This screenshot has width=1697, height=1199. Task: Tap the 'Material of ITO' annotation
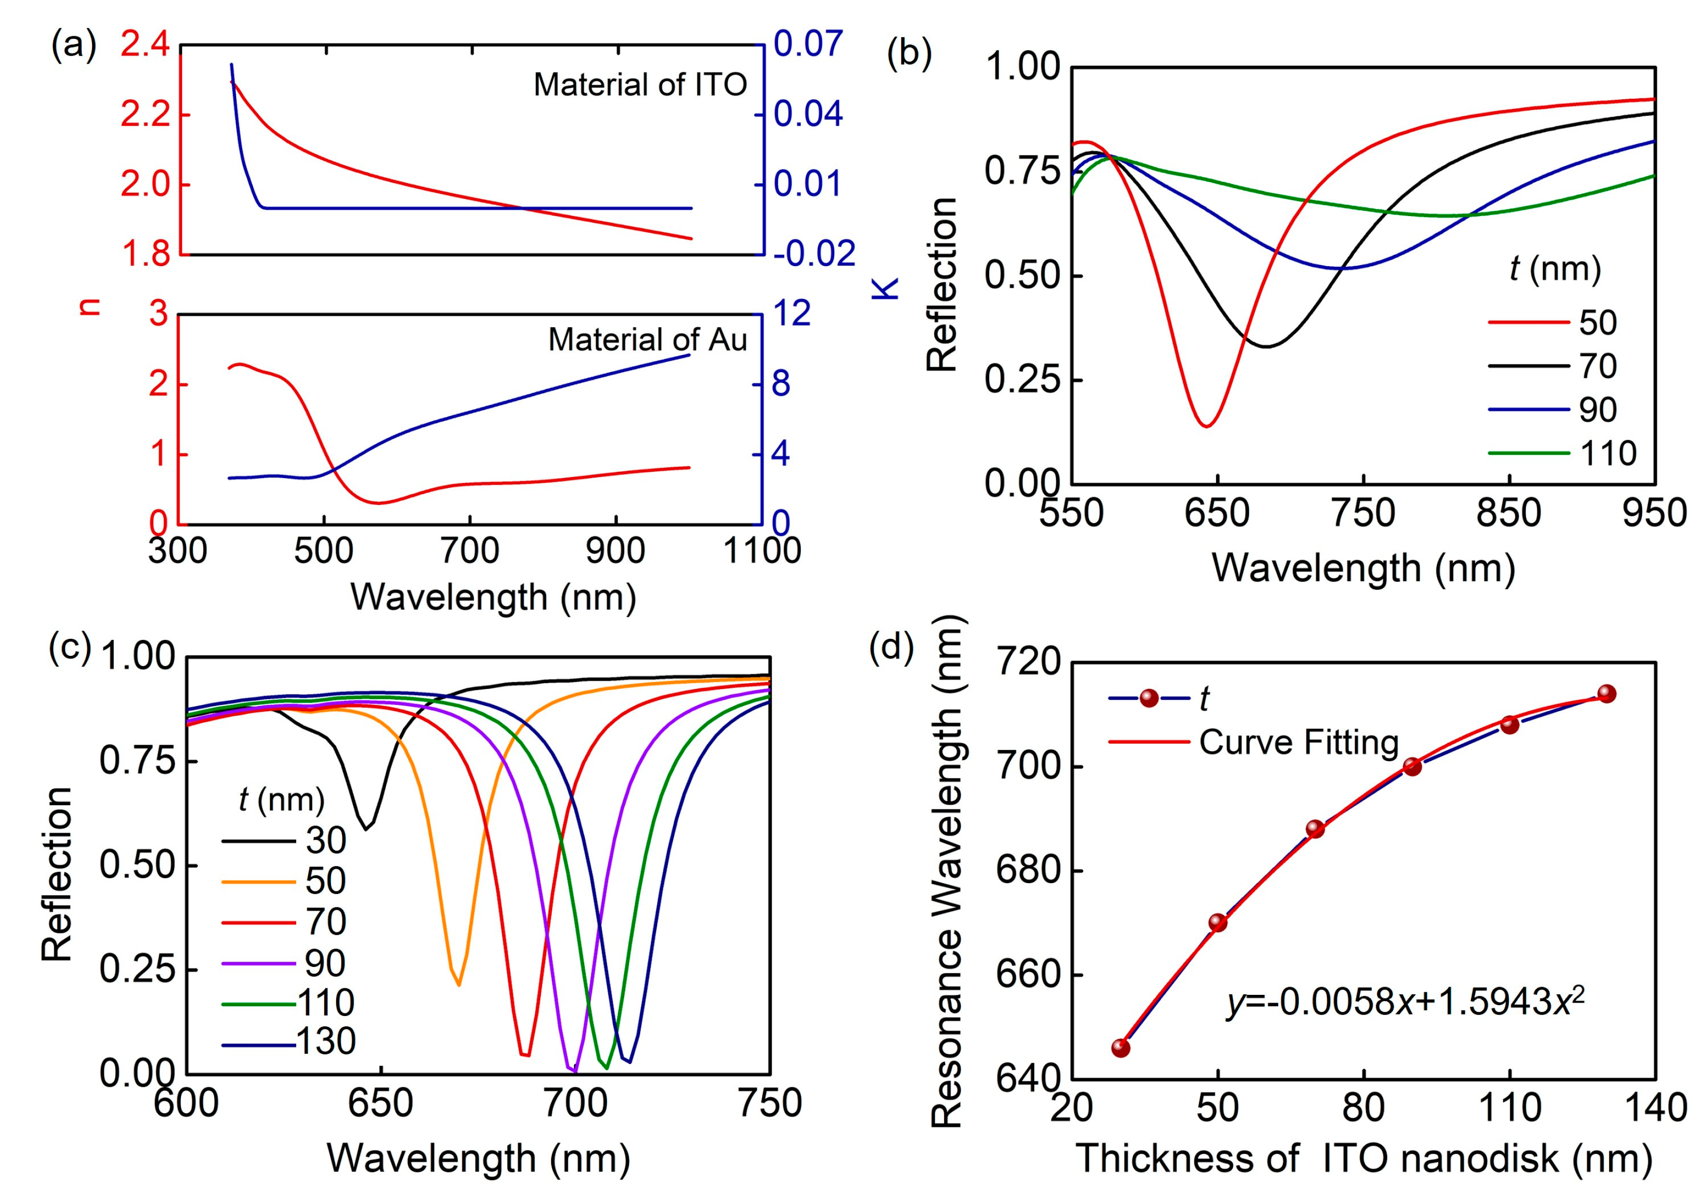coord(640,85)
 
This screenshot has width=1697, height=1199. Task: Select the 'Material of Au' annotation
coord(647,340)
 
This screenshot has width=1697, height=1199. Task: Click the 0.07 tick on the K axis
coord(808,44)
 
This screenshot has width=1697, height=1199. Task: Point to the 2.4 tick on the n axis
coord(145,46)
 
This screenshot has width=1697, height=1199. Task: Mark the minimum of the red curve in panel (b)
coord(1206,426)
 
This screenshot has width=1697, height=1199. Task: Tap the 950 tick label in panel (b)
coord(1654,513)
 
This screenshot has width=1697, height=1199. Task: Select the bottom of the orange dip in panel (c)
coord(459,985)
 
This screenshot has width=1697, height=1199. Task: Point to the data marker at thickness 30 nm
coord(1120,1048)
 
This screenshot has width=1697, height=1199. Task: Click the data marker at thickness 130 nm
coord(1606,694)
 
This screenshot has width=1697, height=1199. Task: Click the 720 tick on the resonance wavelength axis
coord(1029,663)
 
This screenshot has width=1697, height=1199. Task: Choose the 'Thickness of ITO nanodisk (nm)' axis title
coord(1363,1158)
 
